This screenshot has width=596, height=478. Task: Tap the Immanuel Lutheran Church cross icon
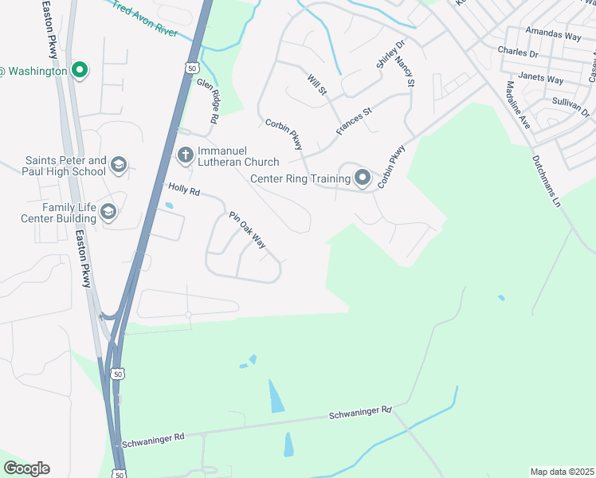pyautogui.click(x=185, y=155)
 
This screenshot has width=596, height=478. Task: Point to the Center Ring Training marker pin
pyautogui.click(x=363, y=178)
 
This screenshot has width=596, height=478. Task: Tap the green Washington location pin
pyautogui.click(x=79, y=71)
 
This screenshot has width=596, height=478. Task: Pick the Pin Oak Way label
pyautogui.click(x=247, y=230)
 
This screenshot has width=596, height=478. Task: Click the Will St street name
pyautogui.click(x=317, y=84)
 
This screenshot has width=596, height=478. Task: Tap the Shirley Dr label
pyautogui.click(x=391, y=55)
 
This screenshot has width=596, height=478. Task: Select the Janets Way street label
pyautogui.click(x=541, y=79)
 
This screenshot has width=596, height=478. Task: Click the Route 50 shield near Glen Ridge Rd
pyautogui.click(x=191, y=69)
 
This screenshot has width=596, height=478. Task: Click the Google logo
pyautogui.click(x=27, y=468)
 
